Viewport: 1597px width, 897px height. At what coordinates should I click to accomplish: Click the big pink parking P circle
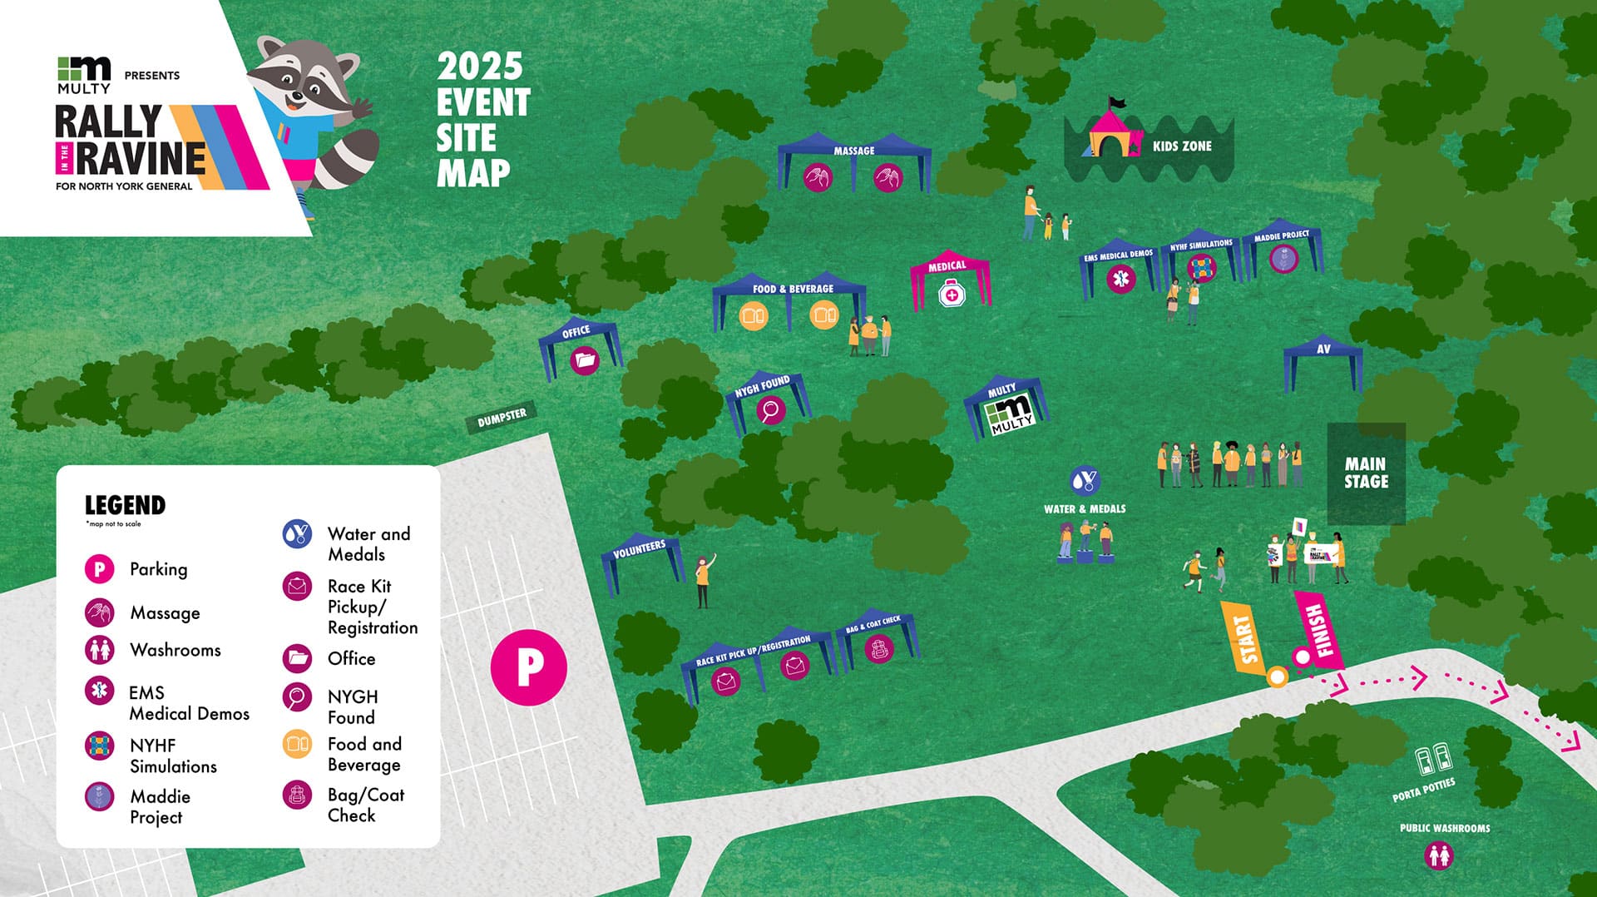(x=529, y=667)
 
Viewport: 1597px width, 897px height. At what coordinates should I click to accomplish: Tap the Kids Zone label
(x=1182, y=146)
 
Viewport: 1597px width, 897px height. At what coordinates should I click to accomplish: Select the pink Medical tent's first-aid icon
(x=952, y=293)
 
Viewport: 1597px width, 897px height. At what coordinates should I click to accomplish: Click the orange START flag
(x=1244, y=638)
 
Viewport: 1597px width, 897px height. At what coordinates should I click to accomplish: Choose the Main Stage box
(x=1366, y=473)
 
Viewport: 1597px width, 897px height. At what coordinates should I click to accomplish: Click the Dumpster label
(x=502, y=419)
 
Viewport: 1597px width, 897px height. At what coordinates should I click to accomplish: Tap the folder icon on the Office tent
(x=585, y=360)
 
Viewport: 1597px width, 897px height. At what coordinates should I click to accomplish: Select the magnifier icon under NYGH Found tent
(x=771, y=409)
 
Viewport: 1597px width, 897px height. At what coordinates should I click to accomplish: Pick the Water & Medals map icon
(x=1085, y=480)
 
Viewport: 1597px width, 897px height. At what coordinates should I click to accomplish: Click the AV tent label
(x=1323, y=349)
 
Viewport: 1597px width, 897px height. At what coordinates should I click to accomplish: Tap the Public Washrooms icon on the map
(x=1439, y=855)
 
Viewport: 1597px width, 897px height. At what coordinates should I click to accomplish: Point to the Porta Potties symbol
(x=1434, y=758)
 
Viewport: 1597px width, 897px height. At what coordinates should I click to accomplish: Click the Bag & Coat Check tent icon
(x=878, y=648)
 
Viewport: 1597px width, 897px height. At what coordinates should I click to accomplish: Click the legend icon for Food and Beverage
(x=297, y=744)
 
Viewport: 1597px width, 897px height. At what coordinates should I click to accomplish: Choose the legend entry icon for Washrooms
(x=100, y=650)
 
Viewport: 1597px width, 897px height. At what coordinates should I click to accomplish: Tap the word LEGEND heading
(x=125, y=505)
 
